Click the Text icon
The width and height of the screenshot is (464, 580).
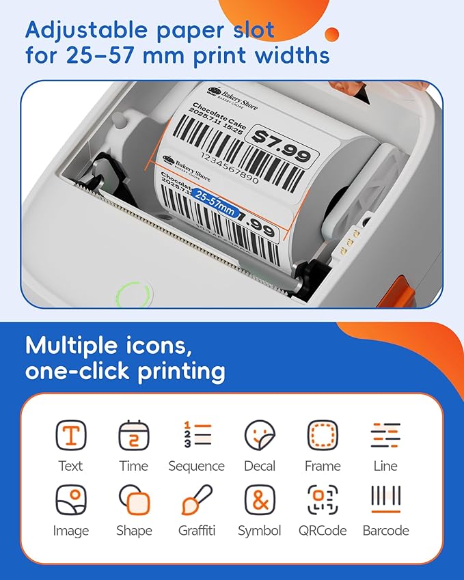coord(70,435)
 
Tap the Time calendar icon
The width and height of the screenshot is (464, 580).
coord(133,435)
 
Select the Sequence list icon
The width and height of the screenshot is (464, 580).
coord(197,434)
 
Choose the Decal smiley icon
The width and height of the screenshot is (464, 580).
coord(260,435)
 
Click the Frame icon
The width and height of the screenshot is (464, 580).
coord(323,435)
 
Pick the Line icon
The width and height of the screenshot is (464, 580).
coord(385,435)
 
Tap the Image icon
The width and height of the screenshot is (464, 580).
coord(70,500)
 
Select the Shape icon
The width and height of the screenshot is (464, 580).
coord(133,500)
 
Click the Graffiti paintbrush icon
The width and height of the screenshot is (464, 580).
coord(197,500)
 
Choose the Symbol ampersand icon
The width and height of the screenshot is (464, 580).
coord(260,500)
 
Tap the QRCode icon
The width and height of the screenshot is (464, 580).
coord(323,500)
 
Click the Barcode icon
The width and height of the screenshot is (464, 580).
coord(385,500)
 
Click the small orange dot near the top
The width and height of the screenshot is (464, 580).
coord(331,34)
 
